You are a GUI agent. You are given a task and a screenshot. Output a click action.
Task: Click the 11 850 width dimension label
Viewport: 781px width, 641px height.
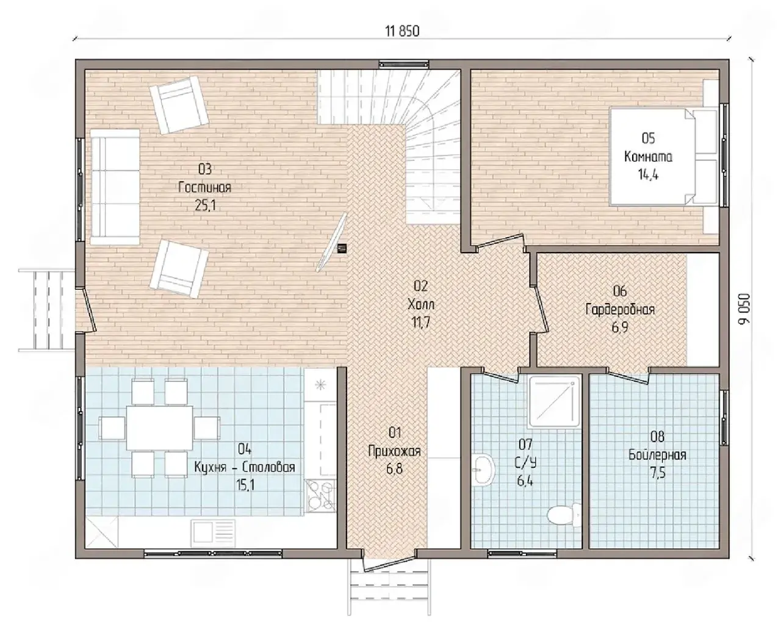(x=402, y=32)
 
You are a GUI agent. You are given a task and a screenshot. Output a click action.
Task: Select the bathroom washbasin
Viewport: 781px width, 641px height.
(x=484, y=470)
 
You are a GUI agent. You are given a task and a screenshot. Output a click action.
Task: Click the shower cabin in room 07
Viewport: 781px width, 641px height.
(x=553, y=401)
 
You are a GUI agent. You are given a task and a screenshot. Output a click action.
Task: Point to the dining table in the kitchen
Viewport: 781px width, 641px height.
(x=159, y=428)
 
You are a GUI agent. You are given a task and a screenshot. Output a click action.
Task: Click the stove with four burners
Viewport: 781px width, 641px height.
(x=320, y=496)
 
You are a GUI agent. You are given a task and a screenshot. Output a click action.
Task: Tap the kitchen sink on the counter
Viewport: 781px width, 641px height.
(x=213, y=533)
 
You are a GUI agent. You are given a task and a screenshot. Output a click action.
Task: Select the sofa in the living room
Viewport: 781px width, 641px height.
(x=115, y=187)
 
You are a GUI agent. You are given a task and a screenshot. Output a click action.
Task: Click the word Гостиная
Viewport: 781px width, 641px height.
(x=204, y=187)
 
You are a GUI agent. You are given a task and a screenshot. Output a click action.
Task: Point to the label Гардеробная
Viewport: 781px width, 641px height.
(x=620, y=309)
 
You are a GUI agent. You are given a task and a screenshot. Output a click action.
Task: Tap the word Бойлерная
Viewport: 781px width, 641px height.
(x=657, y=455)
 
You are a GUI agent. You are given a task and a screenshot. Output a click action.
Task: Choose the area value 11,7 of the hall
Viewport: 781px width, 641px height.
(x=421, y=323)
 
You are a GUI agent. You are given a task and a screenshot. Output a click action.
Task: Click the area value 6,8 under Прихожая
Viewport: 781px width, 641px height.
(x=394, y=469)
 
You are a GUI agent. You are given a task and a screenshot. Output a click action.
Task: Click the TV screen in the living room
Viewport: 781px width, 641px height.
(x=331, y=242)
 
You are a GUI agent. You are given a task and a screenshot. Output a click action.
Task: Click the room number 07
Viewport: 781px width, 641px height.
(x=525, y=444)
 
